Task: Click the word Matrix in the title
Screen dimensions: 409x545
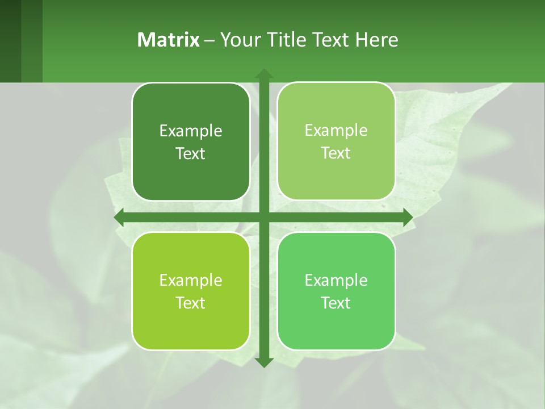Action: click(169, 40)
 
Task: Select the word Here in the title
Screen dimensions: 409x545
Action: click(377, 40)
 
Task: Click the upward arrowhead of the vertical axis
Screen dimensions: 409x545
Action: click(263, 74)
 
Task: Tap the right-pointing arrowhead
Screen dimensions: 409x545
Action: click(407, 218)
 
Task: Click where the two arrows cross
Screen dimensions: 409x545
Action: click(263, 218)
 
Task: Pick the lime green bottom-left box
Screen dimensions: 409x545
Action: click(191, 329)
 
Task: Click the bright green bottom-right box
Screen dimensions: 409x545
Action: click(336, 329)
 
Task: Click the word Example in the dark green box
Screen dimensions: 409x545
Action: click(191, 131)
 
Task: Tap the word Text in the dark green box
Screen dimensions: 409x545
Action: click(191, 154)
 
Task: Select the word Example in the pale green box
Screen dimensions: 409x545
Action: click(336, 131)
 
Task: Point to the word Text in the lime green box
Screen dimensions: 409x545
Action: click(191, 303)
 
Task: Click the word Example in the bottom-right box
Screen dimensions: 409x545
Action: click(336, 281)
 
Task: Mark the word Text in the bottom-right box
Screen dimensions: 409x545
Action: click(336, 303)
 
